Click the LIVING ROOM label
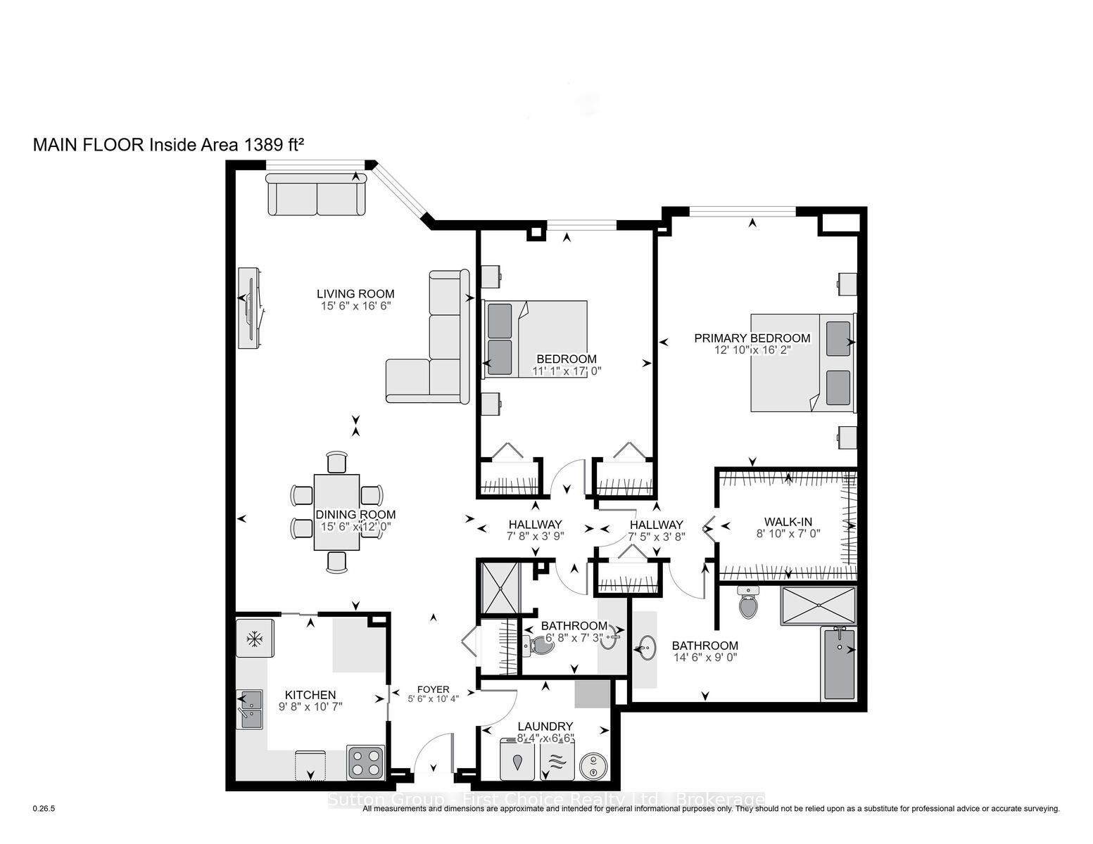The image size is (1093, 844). (355, 294)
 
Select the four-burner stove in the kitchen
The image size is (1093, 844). (365, 762)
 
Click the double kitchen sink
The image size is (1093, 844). (250, 709)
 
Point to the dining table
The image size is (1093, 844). (337, 513)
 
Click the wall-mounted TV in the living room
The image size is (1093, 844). (251, 308)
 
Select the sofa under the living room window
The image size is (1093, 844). (317, 194)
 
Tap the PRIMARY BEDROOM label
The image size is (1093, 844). (752, 338)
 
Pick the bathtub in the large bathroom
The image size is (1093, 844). (839, 664)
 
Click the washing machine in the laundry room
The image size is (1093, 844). (519, 760)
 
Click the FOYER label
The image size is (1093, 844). (433, 689)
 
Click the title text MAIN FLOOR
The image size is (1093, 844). (89, 145)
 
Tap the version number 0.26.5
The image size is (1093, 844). (44, 809)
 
